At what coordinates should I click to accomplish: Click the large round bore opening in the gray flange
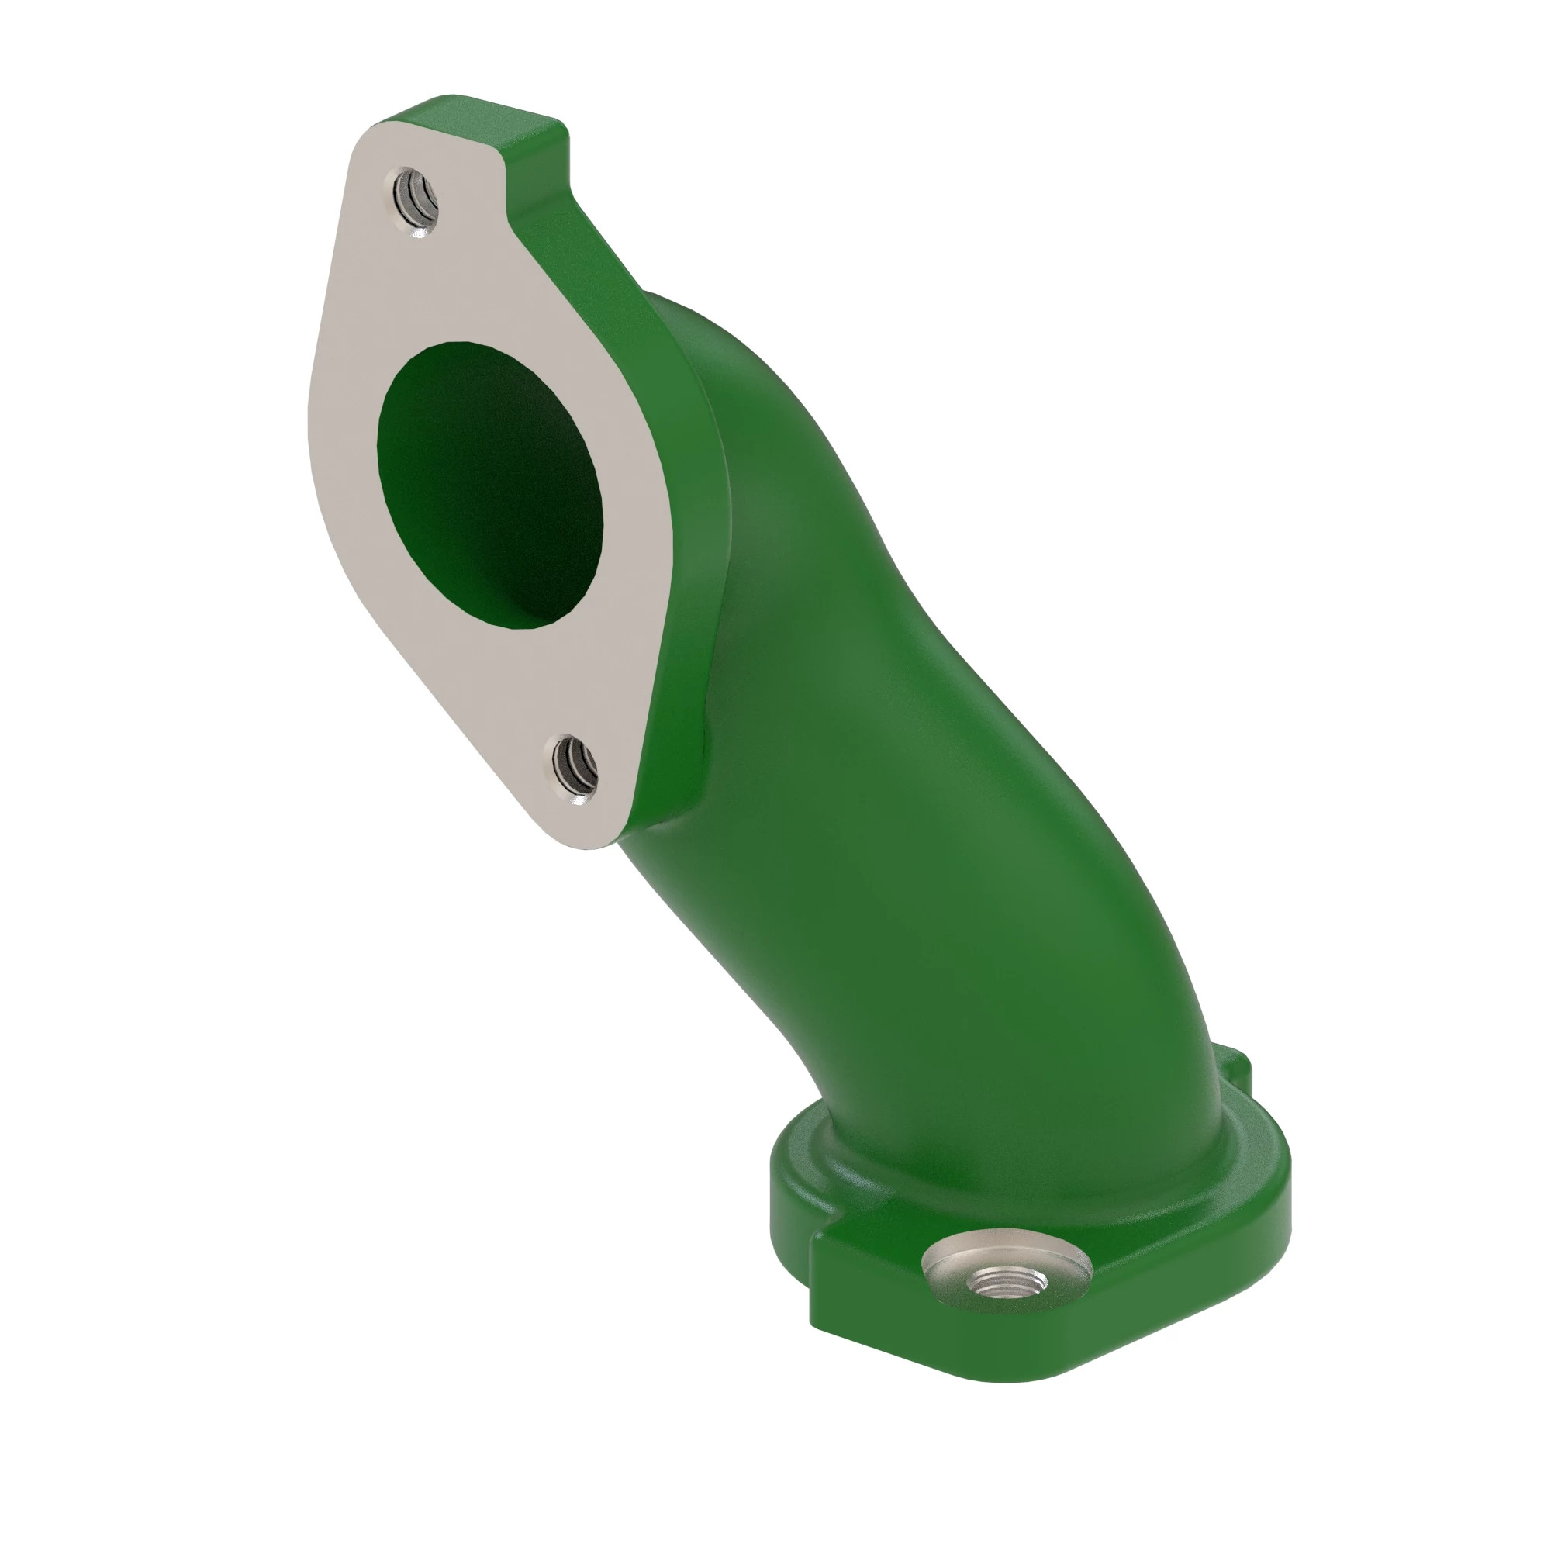[x=489, y=482]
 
